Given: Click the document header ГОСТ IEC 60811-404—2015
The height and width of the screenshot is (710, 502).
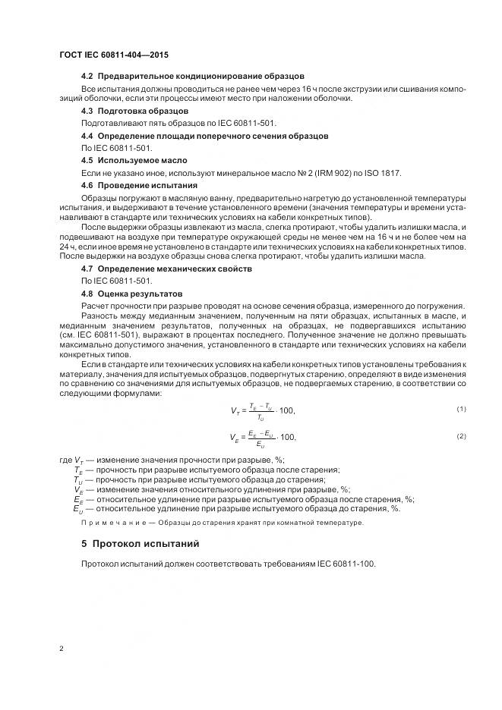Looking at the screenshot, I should [113, 55].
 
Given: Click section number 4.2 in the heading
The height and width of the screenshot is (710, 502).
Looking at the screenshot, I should [87, 77].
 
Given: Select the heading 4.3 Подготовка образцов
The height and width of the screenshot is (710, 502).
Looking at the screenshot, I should [134, 111].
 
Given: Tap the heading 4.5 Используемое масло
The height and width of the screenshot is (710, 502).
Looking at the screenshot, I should [134, 160].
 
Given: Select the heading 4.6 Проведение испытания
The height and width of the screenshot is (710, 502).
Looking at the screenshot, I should [139, 185].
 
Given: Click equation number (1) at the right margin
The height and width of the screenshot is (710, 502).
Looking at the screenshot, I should [461, 410].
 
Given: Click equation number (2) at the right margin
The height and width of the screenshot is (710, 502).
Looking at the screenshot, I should [461, 436].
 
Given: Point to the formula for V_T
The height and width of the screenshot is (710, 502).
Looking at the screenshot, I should [263, 410].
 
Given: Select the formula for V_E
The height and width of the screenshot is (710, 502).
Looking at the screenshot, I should [263, 438].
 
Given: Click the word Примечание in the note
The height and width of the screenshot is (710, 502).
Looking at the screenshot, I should [114, 523].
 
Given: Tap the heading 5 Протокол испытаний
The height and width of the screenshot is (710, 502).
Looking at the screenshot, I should [140, 544].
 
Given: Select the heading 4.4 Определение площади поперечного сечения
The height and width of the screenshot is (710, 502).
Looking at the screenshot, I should [204, 136].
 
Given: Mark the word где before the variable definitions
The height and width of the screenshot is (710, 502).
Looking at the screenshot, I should [65, 460].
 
